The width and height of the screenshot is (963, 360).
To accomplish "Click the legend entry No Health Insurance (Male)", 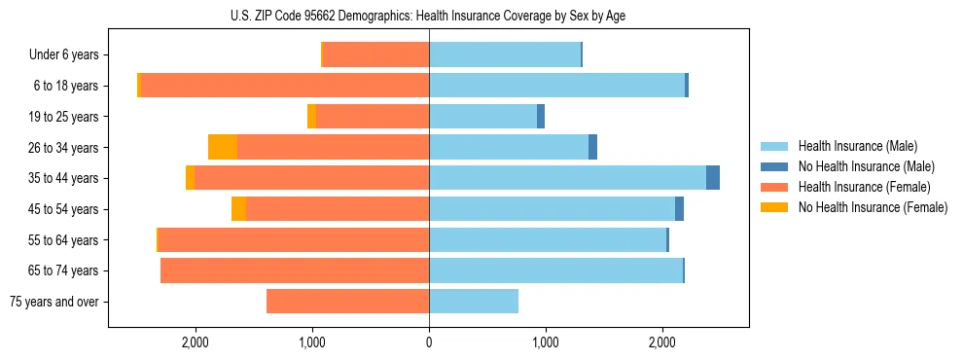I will point(866,166).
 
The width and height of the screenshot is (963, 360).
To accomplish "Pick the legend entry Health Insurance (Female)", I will point(864,187).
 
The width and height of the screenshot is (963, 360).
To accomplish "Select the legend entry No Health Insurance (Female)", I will point(873,207).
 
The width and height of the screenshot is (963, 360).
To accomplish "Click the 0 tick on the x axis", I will point(429,342).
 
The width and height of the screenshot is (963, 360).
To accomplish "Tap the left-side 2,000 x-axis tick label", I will point(196,342).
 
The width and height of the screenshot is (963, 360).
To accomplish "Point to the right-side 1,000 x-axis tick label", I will point(545,342).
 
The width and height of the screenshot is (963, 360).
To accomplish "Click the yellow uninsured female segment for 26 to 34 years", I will point(223,147).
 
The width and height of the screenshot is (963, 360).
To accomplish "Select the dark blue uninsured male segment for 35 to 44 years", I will point(713,178).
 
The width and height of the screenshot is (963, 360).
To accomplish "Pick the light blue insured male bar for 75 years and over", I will point(474,302).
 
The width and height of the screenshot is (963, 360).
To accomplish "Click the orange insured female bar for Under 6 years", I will point(375,55).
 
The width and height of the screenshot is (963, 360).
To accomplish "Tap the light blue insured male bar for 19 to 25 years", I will point(482,117).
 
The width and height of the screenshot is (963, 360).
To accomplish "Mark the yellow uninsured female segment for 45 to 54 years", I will point(238,209).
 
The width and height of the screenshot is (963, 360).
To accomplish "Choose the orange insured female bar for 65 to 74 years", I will point(295,270).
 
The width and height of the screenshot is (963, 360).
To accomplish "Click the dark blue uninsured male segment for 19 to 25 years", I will point(541,117).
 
